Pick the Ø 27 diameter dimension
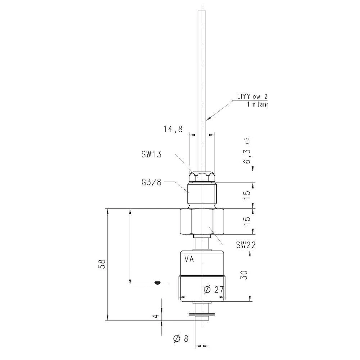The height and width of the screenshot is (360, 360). (x=213, y=290)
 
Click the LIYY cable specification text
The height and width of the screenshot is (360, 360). (x=252, y=97)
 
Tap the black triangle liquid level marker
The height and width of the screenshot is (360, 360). (x=156, y=283)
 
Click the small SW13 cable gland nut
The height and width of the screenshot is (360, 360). (x=202, y=176)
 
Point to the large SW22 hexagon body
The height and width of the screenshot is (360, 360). (x=202, y=221)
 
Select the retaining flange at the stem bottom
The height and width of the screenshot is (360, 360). (x=202, y=316)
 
